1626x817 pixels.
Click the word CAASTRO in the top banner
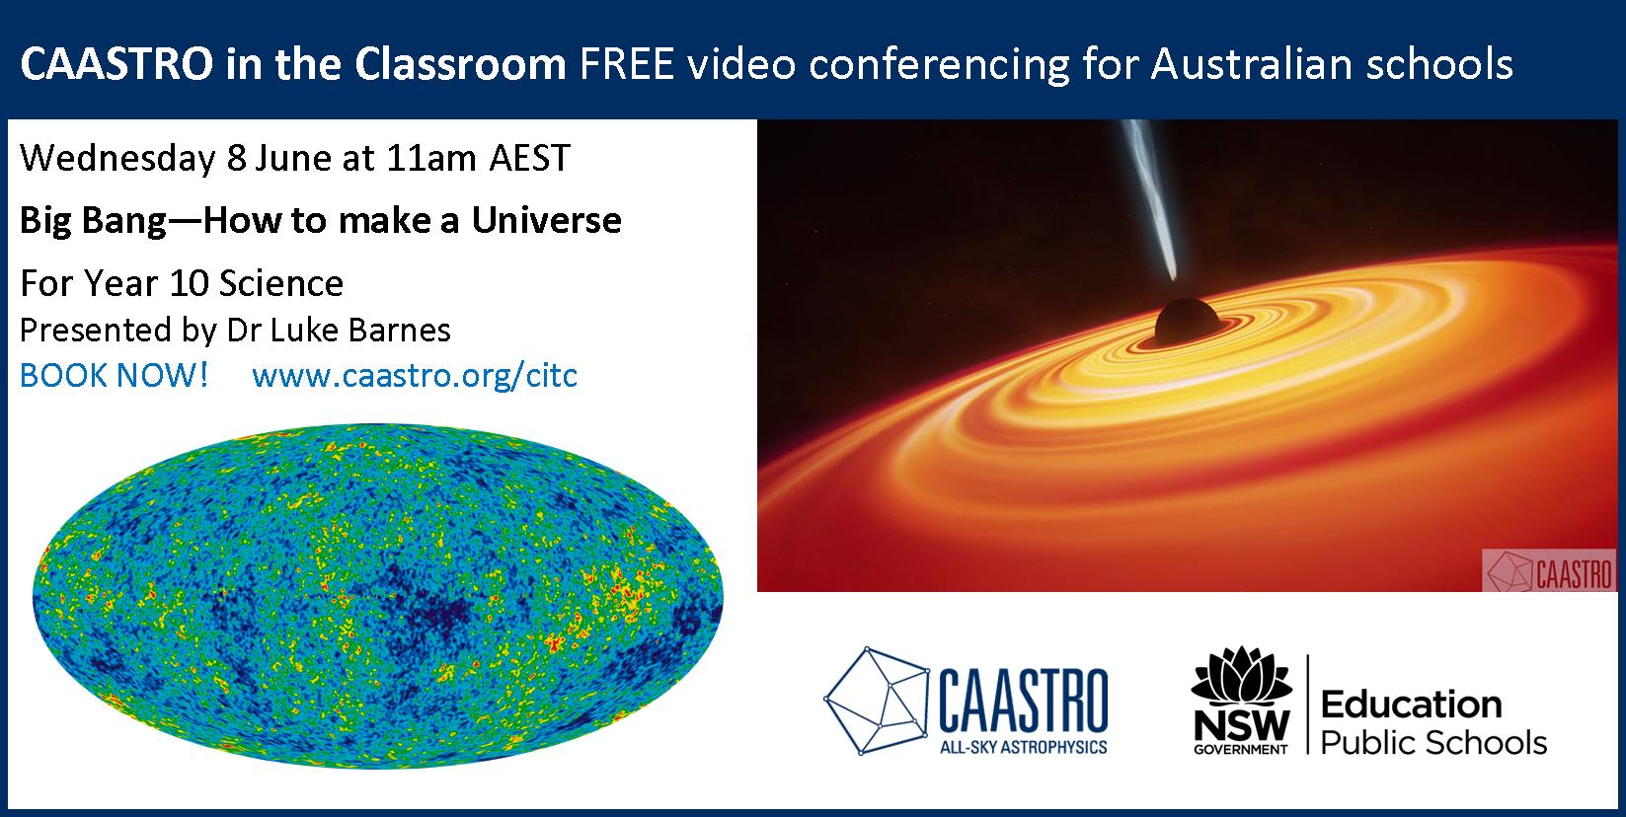pos(116,64)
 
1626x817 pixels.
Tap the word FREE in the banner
pos(627,64)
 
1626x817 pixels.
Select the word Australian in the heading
pos(1252,64)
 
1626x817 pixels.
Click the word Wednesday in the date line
pos(117,159)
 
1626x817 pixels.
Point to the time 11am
pos(431,158)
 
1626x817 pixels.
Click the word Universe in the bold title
pos(547,220)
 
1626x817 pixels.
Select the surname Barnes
pos(399,331)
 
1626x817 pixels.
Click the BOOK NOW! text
pos(114,375)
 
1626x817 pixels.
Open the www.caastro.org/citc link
pos(415,376)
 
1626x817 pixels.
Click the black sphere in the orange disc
pos(1187,322)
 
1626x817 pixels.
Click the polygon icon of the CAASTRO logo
pos(876,701)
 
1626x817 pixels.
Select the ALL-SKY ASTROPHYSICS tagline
pos(1024,747)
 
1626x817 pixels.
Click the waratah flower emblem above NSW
pos(1242,674)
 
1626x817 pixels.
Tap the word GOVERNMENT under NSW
pos(1241,749)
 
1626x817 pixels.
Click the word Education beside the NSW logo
pos(1411,705)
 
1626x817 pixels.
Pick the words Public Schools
pos(1433,743)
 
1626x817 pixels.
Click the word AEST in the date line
pos(530,158)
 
